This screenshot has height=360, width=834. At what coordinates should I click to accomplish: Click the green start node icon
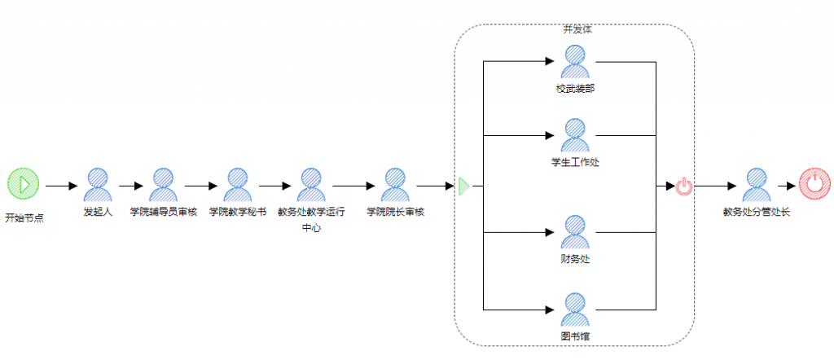(24, 185)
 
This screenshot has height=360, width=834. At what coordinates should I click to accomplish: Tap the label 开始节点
(24, 218)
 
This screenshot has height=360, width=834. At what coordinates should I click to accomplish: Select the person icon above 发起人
(98, 185)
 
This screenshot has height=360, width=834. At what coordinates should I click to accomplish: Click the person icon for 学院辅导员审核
(163, 185)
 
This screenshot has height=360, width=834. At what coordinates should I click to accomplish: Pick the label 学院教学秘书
(237, 213)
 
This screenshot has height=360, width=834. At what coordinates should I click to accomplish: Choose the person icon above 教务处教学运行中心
(311, 185)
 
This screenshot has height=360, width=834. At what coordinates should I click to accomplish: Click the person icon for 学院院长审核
(395, 185)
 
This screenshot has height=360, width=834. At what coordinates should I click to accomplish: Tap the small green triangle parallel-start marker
(463, 187)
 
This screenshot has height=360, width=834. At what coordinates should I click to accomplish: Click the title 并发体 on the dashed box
(577, 29)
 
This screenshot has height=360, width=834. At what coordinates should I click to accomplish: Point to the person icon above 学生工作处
(575, 134)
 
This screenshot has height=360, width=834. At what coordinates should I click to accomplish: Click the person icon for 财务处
(575, 232)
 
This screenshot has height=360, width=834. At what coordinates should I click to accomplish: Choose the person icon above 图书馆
(575, 309)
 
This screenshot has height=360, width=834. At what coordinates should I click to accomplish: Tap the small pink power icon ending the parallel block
(684, 187)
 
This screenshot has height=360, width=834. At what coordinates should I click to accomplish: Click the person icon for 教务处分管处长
(757, 185)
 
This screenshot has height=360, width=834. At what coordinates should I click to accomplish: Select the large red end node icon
(814, 185)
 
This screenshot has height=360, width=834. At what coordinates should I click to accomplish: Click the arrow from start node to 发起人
(61, 186)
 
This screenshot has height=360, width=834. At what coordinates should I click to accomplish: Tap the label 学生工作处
(575, 161)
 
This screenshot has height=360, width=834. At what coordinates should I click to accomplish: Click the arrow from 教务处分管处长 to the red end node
(787, 186)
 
